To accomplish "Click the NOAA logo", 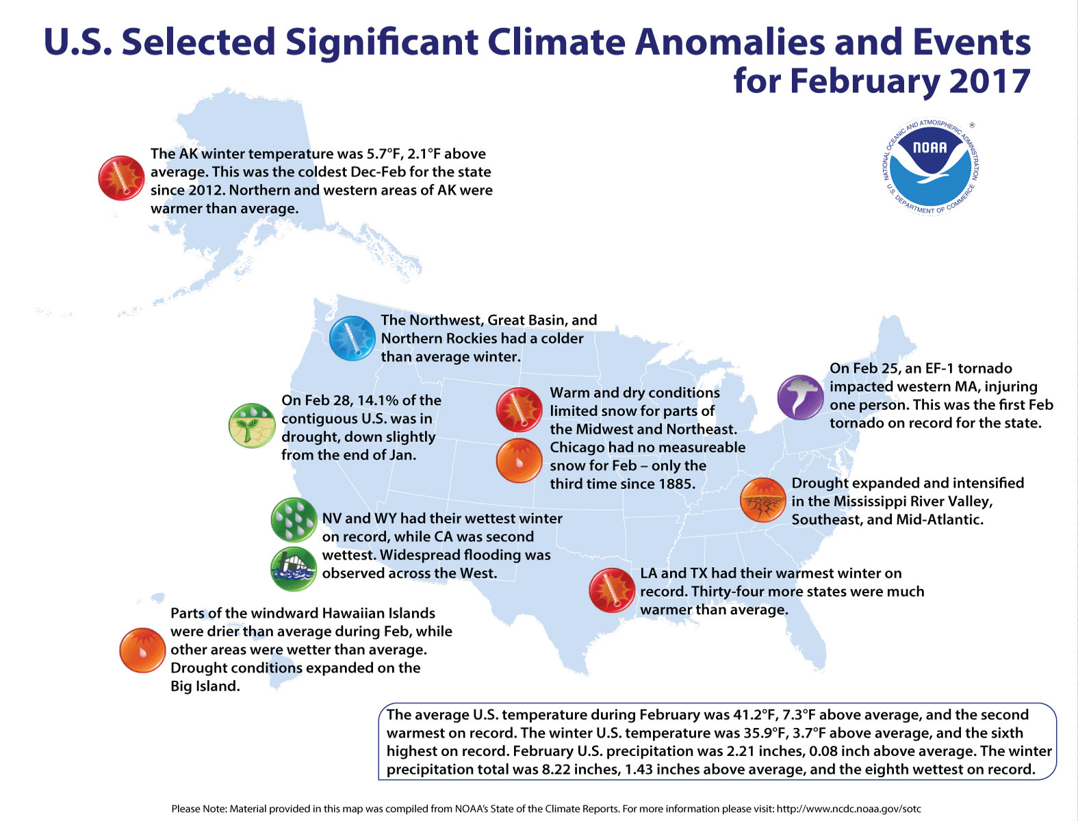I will coord(930,166).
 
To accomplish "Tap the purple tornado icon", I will coord(800,398).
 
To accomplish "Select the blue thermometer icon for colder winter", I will coord(352,338).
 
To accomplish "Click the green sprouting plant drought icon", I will coord(251,426).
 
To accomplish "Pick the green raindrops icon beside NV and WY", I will coord(294,520).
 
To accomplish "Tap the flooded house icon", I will coord(294,569).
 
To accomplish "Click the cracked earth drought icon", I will coord(762,500).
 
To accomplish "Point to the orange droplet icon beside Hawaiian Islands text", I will coord(142,650).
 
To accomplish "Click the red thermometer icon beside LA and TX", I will coord(612,590).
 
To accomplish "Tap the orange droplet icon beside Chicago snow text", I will coord(519,460).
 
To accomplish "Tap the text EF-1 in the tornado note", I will coord(938,368).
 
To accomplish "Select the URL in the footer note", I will coord(849,809).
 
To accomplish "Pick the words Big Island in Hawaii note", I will coord(205,686).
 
